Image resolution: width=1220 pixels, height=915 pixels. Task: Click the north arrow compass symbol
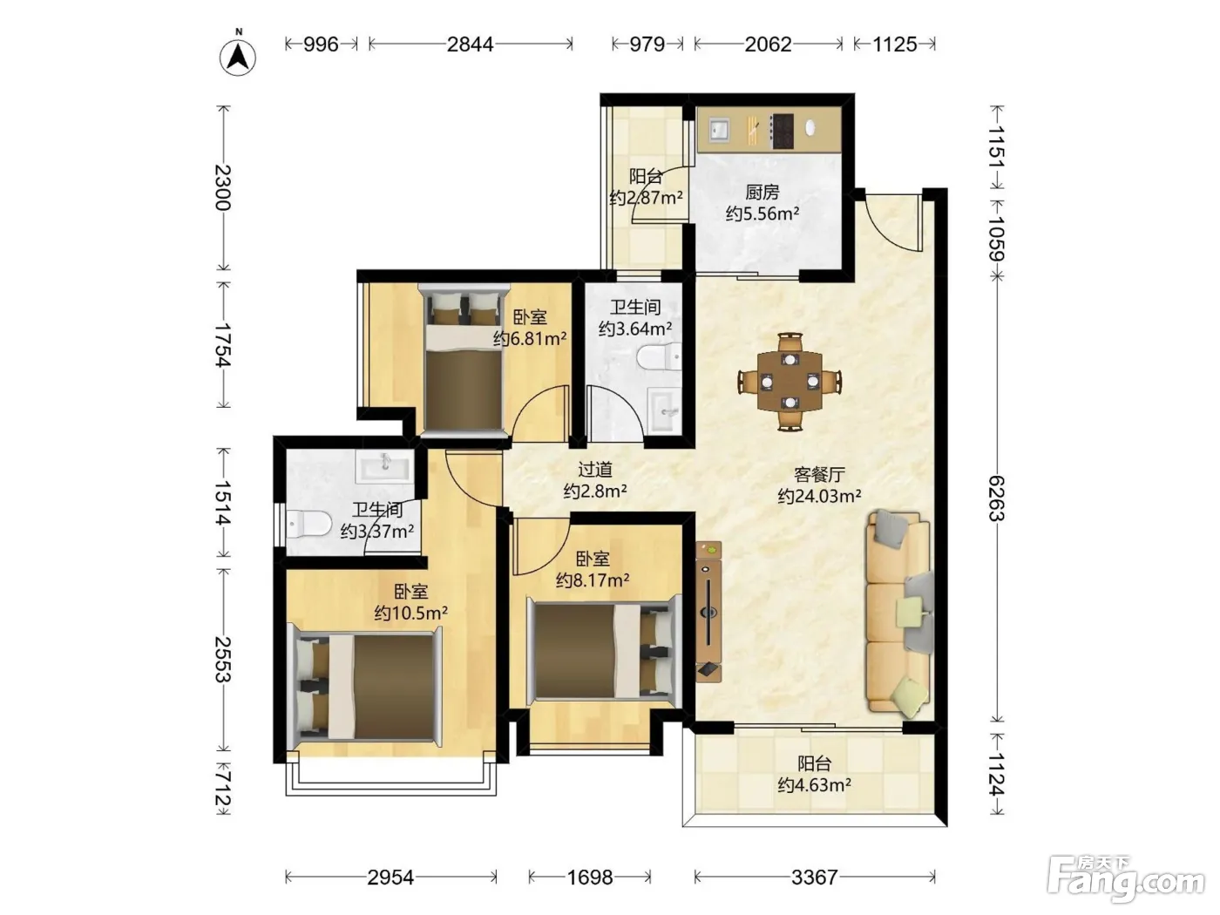pos(238,58)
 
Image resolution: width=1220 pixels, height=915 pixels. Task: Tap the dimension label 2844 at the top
pos(471,44)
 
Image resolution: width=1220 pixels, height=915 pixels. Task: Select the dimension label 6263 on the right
pos(998,498)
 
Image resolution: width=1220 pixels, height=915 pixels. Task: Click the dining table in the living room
pos(790,382)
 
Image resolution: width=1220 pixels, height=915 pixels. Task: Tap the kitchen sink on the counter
pos(718,131)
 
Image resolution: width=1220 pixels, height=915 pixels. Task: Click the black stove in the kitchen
pos(782,132)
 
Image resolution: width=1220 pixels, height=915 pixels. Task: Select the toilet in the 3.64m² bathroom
pos(660,356)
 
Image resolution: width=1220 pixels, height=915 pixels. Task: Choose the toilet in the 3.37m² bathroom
pos(309,523)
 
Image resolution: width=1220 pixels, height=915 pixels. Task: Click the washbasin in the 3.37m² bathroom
pos(384,467)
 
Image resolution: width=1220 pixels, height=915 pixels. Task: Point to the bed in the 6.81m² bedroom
pos(464,359)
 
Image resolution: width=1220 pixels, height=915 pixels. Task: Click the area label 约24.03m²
pos(819,496)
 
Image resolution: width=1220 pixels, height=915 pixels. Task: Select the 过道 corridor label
pos(595,470)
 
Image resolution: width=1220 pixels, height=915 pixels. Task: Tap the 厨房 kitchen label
pos(762,193)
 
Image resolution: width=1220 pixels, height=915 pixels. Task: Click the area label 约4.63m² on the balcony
pos(814,785)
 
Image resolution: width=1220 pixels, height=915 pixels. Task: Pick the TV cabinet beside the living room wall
pos(708,612)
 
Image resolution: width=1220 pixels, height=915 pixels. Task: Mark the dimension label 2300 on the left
pos(223,187)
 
